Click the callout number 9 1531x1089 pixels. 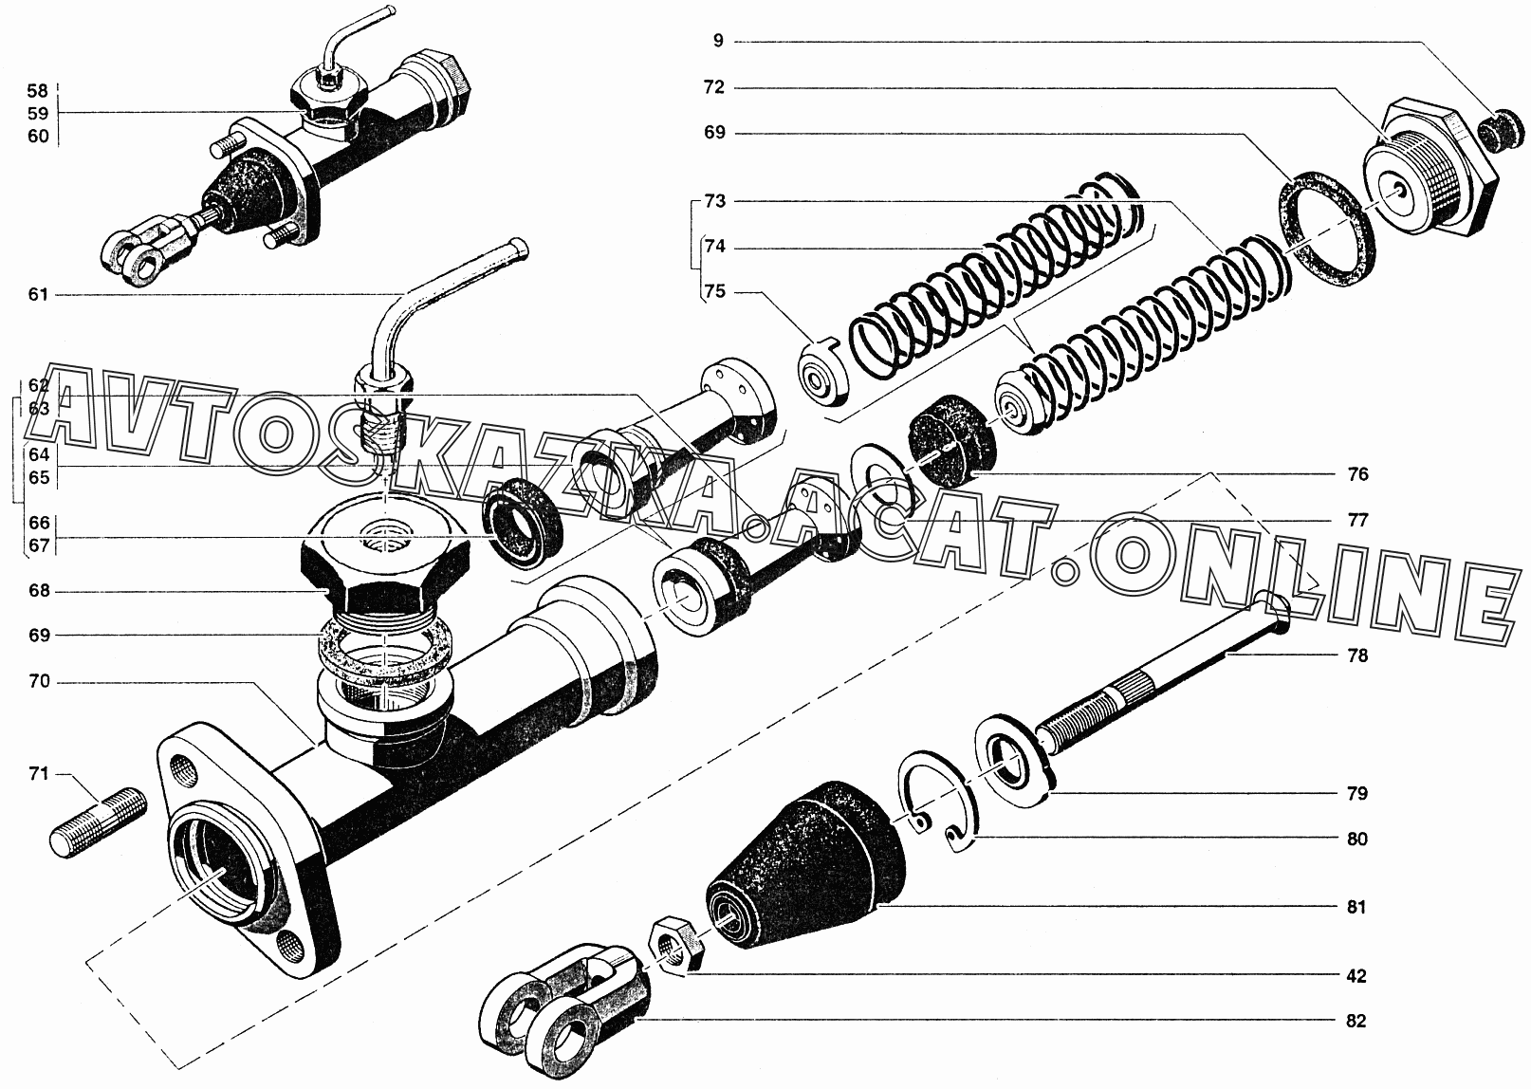coord(718,41)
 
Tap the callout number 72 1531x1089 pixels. coord(714,87)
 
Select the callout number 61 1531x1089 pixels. coord(38,295)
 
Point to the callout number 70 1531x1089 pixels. coord(40,681)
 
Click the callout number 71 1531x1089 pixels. coord(38,774)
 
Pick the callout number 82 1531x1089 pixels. coord(1356,1041)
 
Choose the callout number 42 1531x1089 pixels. coord(1356,976)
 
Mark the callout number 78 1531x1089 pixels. coord(1356,656)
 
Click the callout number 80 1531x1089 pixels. coord(1356,839)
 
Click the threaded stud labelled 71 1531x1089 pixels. coord(99,823)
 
